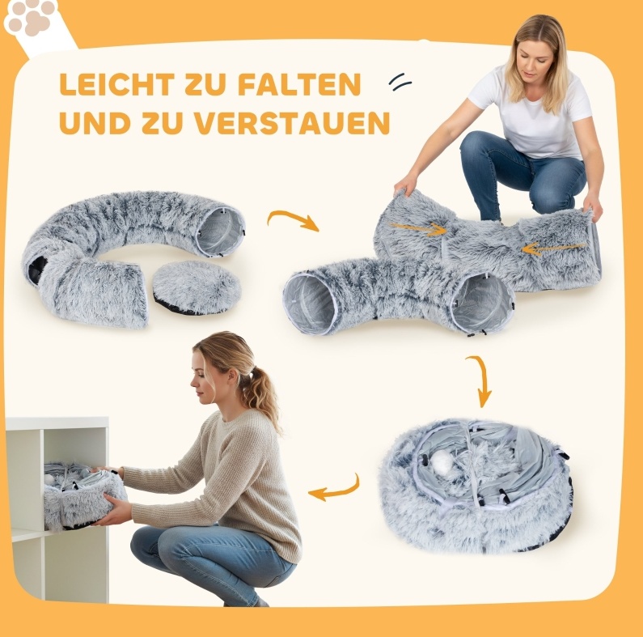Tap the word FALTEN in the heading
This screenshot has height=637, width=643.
pos(299,84)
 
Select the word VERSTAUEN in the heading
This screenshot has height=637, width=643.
pos(291,123)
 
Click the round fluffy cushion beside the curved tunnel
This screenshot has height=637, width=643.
pos(196,287)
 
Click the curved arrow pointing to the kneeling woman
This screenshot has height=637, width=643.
pos(293,219)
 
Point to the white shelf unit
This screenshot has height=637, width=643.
pos(57,509)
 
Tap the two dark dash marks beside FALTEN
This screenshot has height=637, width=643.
pos(400,82)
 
